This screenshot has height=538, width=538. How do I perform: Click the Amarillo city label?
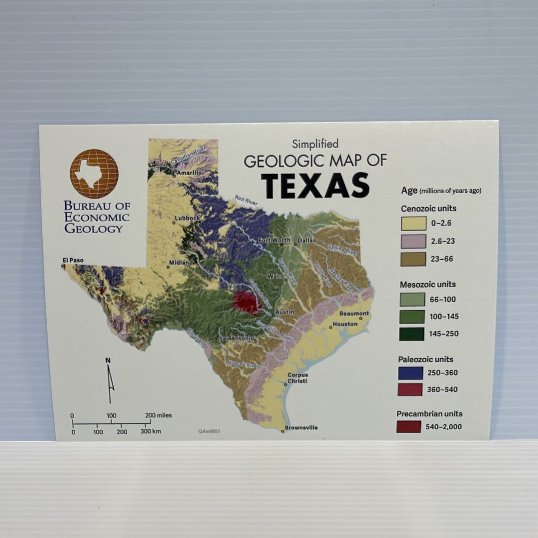189,173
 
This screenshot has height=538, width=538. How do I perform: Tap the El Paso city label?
73,260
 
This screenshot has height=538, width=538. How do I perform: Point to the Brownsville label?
301,428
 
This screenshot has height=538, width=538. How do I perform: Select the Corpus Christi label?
297,378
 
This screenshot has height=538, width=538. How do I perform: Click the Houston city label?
345,324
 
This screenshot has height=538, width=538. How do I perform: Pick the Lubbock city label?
187,218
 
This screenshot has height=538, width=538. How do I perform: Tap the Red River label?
246,200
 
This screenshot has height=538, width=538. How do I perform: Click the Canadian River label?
188,156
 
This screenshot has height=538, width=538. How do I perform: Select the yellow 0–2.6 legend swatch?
414,223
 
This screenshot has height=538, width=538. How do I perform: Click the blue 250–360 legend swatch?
410,373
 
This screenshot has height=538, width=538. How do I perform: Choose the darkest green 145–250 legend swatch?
411,334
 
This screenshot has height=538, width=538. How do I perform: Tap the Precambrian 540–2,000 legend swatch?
409,427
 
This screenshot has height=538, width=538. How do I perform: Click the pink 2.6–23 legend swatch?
413,241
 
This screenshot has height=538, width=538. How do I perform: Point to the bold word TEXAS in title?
315,185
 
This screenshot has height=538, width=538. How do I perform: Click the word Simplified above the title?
315,144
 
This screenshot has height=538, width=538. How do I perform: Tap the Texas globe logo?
94,174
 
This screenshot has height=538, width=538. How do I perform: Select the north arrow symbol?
110,382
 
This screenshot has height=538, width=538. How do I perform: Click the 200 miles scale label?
158,415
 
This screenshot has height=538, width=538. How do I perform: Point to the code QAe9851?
209,431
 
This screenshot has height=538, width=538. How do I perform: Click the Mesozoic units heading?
428,284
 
